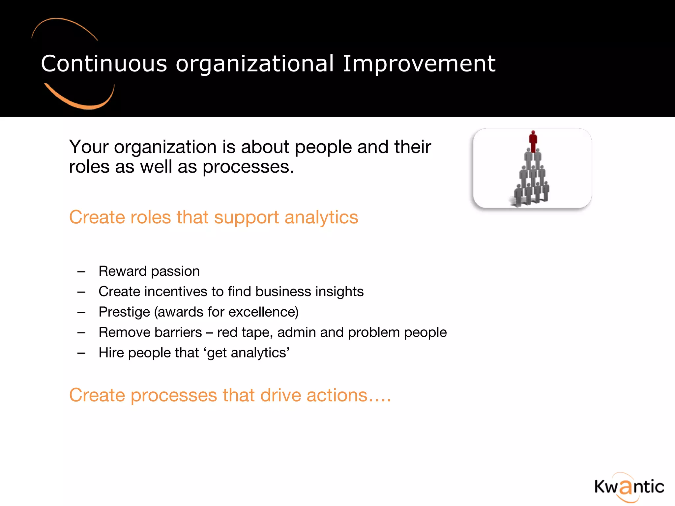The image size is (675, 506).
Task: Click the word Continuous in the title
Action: pos(104,63)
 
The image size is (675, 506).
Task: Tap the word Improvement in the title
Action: pos(419,63)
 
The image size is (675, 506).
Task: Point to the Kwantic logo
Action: pos(629,487)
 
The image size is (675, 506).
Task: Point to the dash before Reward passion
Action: pos(81,272)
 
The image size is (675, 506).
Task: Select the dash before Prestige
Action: pos(81,313)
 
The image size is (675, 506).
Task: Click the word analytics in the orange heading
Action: pos(321,218)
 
